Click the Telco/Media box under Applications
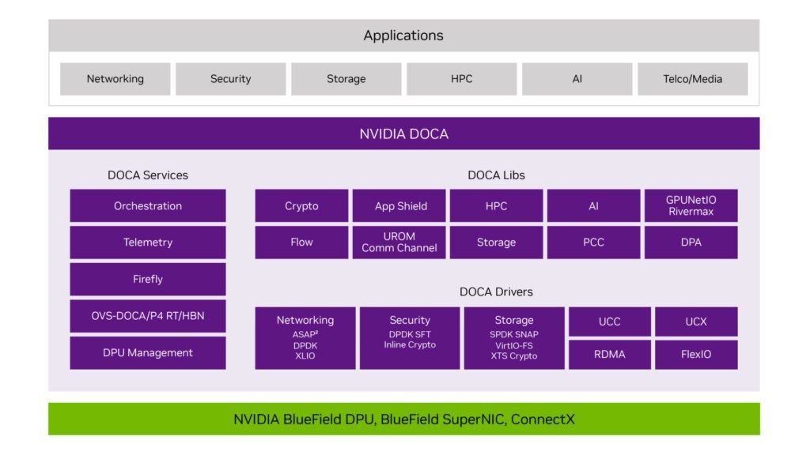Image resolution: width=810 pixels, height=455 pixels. [x=692, y=79]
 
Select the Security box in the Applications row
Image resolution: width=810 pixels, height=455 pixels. [x=230, y=79]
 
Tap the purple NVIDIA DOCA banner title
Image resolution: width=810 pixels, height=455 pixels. [x=403, y=133]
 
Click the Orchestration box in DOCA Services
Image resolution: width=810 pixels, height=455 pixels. [x=148, y=206]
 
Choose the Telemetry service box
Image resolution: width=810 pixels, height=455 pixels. [x=148, y=243]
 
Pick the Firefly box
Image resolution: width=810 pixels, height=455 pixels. [x=148, y=279]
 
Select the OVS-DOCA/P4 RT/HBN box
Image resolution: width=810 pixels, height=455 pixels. [x=148, y=316]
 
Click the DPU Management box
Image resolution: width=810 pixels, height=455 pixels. [x=148, y=352]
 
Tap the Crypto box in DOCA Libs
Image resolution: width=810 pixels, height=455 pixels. [x=301, y=206]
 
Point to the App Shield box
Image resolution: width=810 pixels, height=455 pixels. [x=399, y=206]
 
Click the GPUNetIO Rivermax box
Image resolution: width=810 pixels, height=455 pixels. [x=691, y=205]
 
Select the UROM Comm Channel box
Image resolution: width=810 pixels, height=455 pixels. [x=399, y=243]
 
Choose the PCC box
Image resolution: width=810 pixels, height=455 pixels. [x=593, y=243]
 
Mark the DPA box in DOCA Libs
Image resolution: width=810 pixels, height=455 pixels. [x=691, y=243]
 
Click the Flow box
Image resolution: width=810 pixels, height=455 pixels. [x=301, y=243]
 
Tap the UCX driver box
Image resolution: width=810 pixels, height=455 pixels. [x=696, y=322]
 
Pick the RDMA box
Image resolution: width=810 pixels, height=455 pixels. [x=609, y=354]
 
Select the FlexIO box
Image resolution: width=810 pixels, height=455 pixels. [x=696, y=354]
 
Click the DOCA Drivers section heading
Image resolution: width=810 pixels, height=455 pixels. [x=496, y=291]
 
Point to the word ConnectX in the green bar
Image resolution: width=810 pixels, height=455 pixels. [x=543, y=419]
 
